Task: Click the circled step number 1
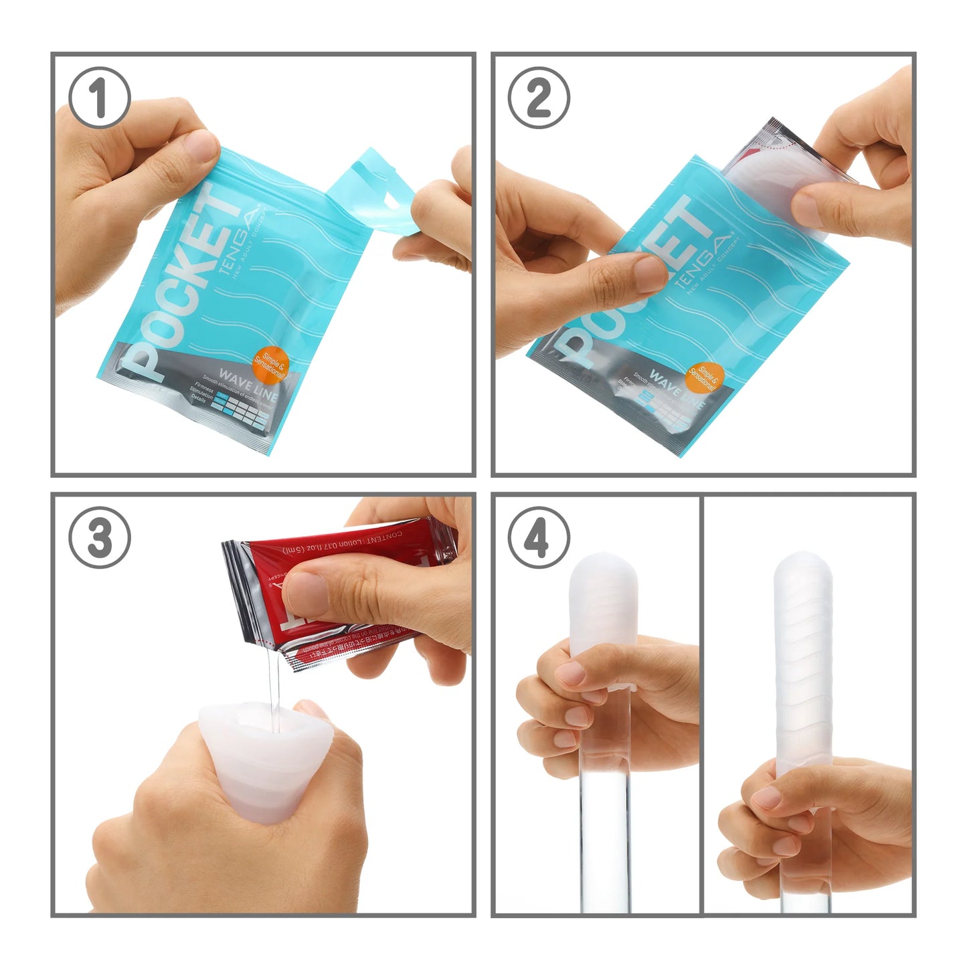pos(99,98)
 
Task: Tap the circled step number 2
pos(539,98)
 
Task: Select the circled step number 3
pos(100,537)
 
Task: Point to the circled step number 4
pos(539,537)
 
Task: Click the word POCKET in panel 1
pos(179,281)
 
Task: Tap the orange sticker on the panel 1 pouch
pos(269,365)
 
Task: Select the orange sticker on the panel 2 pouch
pos(704,379)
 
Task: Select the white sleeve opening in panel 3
pos(268,719)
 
